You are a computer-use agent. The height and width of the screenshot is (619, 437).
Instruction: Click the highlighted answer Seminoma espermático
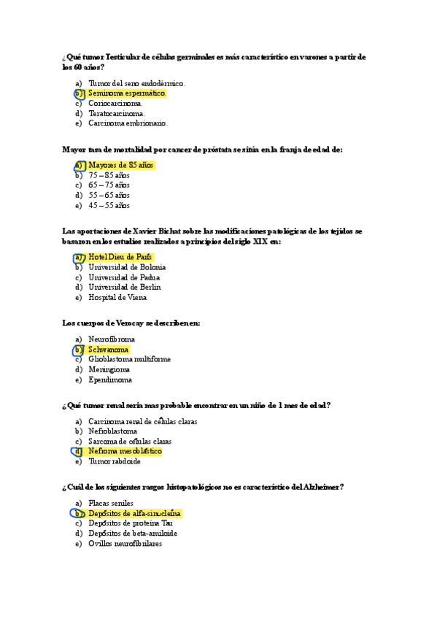127,93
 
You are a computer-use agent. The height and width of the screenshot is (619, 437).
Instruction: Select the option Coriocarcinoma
115,104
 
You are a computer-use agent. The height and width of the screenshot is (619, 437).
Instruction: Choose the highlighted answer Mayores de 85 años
120,166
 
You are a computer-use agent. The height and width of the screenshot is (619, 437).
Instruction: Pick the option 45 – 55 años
109,205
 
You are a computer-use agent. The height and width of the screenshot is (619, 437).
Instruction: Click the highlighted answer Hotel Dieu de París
120,257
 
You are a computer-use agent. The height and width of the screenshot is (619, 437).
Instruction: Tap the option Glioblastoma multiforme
129,359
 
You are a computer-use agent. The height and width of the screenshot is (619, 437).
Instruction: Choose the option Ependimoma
110,380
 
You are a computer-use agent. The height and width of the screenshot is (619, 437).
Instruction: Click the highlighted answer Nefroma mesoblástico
124,451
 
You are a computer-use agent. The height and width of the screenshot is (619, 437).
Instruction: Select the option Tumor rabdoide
115,461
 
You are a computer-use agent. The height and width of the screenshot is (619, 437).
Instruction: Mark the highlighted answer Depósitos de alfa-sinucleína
134,513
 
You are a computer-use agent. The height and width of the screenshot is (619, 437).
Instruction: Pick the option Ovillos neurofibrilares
125,543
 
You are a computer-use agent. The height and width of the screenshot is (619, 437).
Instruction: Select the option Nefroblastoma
112,431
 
